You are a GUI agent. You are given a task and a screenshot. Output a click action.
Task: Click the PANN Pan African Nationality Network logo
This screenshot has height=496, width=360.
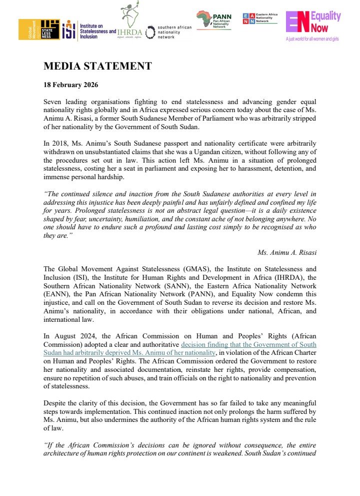[214, 21]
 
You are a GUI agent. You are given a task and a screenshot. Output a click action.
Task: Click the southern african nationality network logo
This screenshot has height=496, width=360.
[168, 32]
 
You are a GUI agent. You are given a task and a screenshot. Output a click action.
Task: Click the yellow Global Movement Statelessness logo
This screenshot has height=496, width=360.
[39, 30]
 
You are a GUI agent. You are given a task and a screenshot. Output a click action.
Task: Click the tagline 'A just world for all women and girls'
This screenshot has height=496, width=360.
[312, 39]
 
